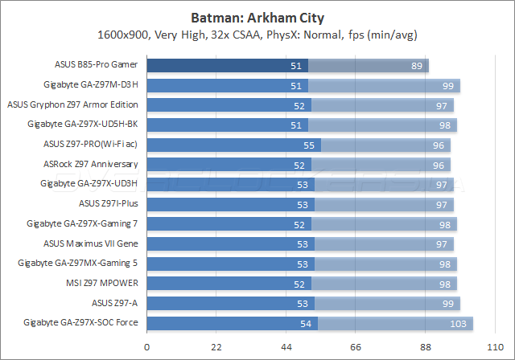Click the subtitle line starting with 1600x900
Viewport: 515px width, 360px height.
[x=257, y=35]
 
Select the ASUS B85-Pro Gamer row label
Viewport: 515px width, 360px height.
[x=93, y=65]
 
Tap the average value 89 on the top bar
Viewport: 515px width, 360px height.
[x=416, y=66]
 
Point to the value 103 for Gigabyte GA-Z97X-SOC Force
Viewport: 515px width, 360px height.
[x=459, y=323]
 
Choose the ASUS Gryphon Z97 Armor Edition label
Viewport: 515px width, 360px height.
[x=72, y=104]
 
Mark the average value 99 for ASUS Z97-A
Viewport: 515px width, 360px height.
[x=447, y=303]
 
